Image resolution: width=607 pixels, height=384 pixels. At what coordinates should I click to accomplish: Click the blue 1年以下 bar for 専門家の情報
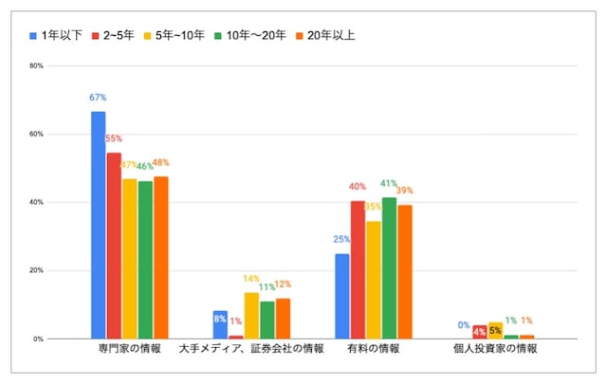[x=99, y=225]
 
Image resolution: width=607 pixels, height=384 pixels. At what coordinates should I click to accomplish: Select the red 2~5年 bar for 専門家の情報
[x=114, y=246]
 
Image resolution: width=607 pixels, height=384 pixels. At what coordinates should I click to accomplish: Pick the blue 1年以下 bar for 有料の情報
[x=342, y=296]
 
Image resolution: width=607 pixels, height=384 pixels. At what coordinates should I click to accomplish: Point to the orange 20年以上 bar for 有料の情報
[x=405, y=271]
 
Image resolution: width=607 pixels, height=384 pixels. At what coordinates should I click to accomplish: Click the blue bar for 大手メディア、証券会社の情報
[x=220, y=324]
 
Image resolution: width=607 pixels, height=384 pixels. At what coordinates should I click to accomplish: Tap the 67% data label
[x=99, y=98]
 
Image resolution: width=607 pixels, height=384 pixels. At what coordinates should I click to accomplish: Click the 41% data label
[x=389, y=183]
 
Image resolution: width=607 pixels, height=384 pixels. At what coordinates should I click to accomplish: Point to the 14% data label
[x=251, y=279]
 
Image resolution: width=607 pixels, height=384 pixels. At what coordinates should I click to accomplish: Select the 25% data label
[x=342, y=239]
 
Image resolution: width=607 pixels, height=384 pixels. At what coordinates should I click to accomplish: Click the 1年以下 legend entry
[x=56, y=36]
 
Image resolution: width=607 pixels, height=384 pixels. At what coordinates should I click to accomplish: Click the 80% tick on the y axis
[x=37, y=66]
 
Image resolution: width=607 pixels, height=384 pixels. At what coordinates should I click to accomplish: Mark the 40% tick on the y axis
[x=37, y=203]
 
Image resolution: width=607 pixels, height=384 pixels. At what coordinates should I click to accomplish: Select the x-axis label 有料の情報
[x=374, y=349]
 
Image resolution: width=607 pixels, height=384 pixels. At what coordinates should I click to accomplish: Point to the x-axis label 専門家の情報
[x=130, y=349]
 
